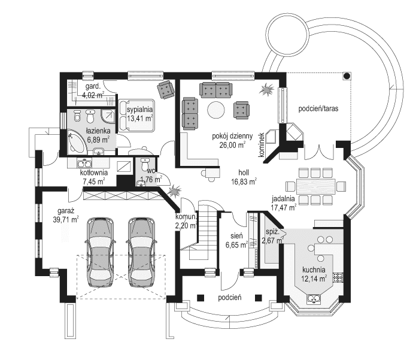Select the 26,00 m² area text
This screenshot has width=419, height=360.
[x=232, y=144]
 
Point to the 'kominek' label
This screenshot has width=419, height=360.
[x=262, y=146]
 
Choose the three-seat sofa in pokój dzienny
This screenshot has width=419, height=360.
[x=214, y=90]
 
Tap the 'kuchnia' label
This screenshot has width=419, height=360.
[x=314, y=270]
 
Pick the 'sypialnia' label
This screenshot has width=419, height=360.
[x=140, y=110]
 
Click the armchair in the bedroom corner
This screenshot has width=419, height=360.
[x=165, y=89]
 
